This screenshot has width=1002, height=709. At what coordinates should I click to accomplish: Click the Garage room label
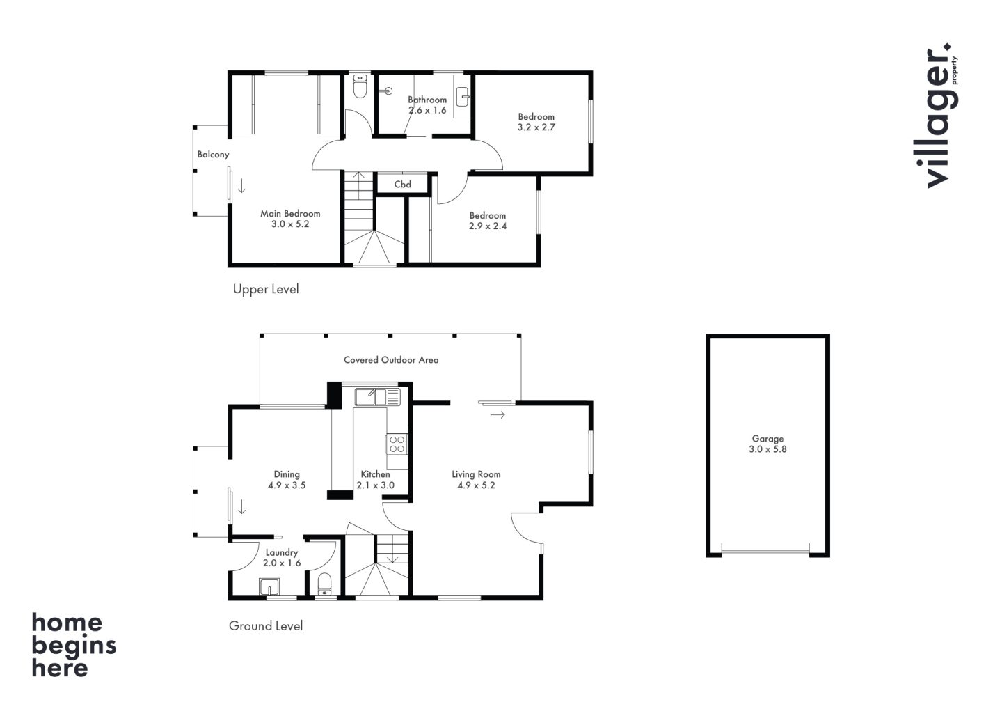pyautogui.click(x=768, y=439)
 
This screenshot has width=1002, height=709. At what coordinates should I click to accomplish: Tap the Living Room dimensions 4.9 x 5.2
pyautogui.click(x=476, y=485)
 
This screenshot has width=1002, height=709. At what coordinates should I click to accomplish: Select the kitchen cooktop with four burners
pyautogui.click(x=397, y=444)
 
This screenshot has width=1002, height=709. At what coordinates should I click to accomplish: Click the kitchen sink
pyautogui.click(x=378, y=397)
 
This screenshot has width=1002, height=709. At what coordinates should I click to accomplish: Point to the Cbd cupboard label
pyautogui.click(x=403, y=185)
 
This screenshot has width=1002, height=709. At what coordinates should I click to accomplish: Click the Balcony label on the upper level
pyautogui.click(x=213, y=155)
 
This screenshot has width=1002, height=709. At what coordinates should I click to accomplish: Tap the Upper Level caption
pyautogui.click(x=266, y=289)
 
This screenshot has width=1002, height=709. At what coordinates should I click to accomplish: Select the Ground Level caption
pyautogui.click(x=266, y=625)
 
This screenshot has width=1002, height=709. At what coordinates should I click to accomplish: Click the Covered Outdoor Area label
pyautogui.click(x=391, y=360)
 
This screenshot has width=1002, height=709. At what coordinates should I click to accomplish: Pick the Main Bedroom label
pyautogui.click(x=290, y=214)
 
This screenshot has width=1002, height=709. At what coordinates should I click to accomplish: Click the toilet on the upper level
pyautogui.click(x=360, y=86)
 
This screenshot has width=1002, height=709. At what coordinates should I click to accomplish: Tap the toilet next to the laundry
pyautogui.click(x=324, y=584)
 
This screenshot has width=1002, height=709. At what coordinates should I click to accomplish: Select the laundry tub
pyautogui.click(x=269, y=587)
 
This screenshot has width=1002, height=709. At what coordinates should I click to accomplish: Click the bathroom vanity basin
pyautogui.click(x=463, y=97)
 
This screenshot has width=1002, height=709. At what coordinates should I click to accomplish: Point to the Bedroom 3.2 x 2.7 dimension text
pyautogui.click(x=536, y=127)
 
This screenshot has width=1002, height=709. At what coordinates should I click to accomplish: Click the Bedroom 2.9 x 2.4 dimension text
pyautogui.click(x=488, y=226)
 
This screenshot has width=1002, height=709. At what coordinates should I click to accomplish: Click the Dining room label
pyautogui.click(x=287, y=474)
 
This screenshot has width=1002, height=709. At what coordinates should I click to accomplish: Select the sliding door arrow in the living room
pyautogui.click(x=498, y=415)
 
